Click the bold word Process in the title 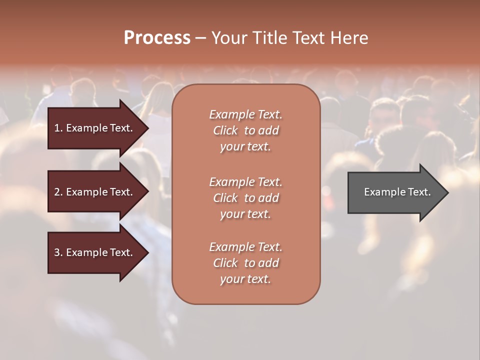[157, 38]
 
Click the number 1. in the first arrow [58, 128]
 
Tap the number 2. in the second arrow [58, 192]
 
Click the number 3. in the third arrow [58, 252]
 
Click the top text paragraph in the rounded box [245, 130]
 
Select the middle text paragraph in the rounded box [245, 198]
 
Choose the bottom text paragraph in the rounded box [245, 263]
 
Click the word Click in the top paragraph [225, 130]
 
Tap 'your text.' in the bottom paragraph [245, 279]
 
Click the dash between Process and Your [200, 38]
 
